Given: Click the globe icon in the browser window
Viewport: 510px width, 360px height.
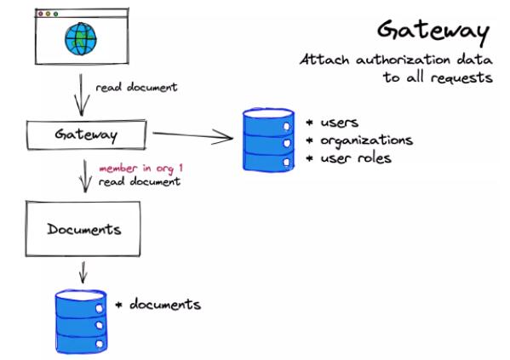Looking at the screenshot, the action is (81, 39).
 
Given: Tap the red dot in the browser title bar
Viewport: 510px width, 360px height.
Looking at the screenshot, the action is (41, 14).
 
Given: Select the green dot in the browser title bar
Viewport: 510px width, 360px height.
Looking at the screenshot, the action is (55, 14).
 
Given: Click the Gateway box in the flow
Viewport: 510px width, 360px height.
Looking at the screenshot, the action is (87, 134).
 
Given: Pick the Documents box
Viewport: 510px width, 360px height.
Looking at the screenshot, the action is (83, 229).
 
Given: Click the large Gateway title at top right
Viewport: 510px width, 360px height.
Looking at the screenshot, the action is (433, 31).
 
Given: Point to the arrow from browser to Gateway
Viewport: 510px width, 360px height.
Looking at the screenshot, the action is (82, 94).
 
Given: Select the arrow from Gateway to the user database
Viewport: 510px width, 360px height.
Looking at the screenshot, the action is (193, 135).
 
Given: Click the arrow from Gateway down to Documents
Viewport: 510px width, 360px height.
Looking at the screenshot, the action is (85, 176).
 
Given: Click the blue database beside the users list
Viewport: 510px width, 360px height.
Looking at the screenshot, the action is (269, 140).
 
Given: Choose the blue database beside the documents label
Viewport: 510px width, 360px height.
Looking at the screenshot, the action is (82, 322).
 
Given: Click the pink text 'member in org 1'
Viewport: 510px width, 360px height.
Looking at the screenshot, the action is (140, 169).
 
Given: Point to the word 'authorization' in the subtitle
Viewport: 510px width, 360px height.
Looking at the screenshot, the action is (404, 60).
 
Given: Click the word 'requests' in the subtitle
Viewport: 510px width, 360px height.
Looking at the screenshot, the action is (461, 78).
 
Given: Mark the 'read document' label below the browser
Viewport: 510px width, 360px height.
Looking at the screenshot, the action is (136, 87).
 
